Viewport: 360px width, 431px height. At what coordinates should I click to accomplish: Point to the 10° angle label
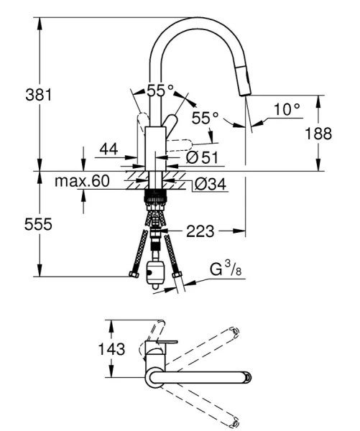pyautogui.click(x=286, y=109)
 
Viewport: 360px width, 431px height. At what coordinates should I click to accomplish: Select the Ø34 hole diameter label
pyautogui.click(x=210, y=185)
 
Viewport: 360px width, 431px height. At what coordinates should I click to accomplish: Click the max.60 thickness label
pyautogui.click(x=81, y=181)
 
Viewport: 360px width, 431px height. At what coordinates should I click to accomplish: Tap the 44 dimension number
pyautogui.click(x=108, y=149)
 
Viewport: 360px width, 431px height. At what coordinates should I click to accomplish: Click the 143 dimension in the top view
pyautogui.click(x=111, y=350)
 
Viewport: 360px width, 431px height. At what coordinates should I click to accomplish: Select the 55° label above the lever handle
pyautogui.click(x=160, y=91)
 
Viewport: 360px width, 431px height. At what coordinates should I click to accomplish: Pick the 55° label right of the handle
pyautogui.click(x=206, y=116)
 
